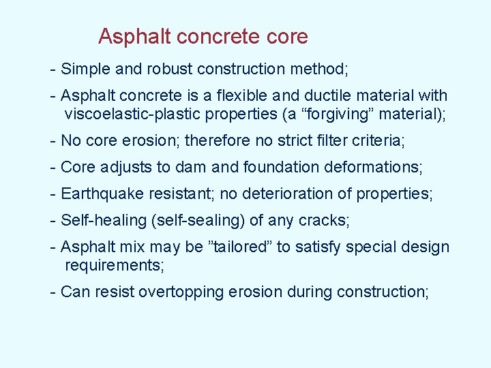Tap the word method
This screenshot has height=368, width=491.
[x=320, y=69]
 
